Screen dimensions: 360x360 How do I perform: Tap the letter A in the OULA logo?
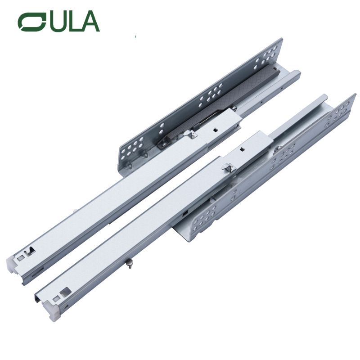coord(88,21)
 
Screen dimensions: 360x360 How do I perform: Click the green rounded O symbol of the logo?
coord(32,22)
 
